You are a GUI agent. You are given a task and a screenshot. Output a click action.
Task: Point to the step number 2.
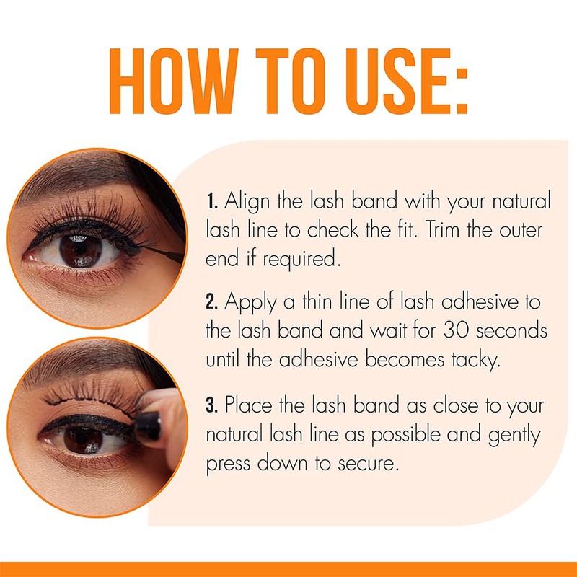point(211,301)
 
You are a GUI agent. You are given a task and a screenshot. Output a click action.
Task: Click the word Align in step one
point(247,200)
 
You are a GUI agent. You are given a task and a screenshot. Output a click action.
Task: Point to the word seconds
point(508,331)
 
